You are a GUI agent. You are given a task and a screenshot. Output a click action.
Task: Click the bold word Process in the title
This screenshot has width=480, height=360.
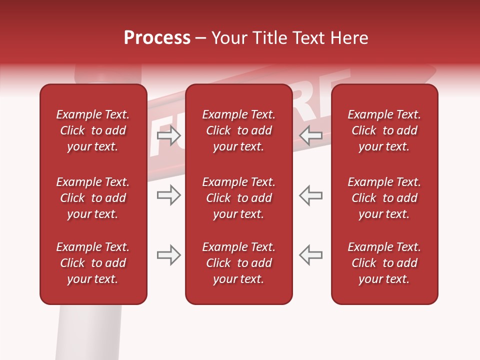[157, 38]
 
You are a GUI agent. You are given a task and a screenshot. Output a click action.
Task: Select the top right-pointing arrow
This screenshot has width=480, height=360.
[168, 135]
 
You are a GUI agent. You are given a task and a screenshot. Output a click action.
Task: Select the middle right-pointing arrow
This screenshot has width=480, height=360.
[168, 195]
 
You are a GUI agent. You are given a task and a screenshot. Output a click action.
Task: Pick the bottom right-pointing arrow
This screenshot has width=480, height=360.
[168, 255]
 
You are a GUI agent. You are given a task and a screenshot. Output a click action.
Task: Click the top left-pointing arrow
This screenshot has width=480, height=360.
[311, 135]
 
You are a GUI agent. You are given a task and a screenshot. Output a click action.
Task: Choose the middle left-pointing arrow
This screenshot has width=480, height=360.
[311, 195]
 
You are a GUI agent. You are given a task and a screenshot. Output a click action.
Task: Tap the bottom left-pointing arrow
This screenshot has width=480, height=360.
[311, 255]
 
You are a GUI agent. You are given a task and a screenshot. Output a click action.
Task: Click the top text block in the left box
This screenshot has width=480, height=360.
[93, 130]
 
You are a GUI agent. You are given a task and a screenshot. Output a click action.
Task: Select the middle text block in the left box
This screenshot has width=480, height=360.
[93, 198]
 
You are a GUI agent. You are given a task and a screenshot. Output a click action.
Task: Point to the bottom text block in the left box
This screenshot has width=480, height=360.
[93, 263]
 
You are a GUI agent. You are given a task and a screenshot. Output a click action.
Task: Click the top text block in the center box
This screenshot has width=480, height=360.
[239, 130]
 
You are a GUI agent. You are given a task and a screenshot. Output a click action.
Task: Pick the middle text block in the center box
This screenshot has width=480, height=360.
[239, 198]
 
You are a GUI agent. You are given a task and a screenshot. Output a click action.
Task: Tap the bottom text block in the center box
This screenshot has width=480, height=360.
[239, 263]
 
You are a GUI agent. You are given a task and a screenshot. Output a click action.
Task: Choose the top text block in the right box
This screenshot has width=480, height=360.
[384, 130]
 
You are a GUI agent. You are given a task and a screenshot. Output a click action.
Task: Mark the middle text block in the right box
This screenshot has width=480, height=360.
[384, 198]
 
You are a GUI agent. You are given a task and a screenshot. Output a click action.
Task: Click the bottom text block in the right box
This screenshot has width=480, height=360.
[384, 263]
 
